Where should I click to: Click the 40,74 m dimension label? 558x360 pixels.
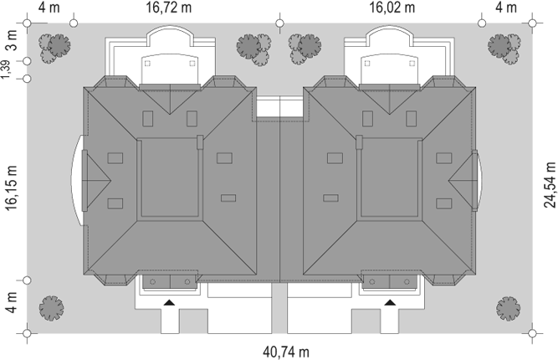click(x=286, y=352)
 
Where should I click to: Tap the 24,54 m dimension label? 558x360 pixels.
click(x=550, y=184)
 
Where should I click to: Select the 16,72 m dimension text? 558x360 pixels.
click(x=169, y=8)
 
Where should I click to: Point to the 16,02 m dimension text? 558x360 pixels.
click(x=392, y=8)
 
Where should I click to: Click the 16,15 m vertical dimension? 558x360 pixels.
click(x=11, y=188)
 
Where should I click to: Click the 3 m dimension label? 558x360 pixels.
click(x=12, y=41)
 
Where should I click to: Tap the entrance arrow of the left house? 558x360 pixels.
click(x=169, y=303)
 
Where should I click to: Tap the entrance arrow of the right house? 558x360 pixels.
click(x=390, y=303)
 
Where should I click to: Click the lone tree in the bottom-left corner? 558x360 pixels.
click(x=51, y=308)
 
